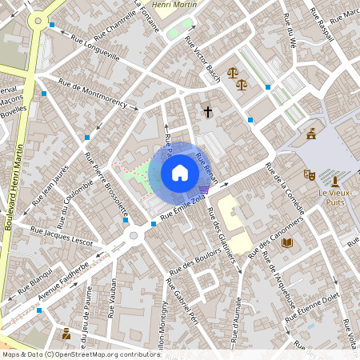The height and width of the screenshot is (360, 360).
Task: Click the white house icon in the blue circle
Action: [180, 173]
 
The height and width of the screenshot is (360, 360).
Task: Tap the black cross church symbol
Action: [208, 112]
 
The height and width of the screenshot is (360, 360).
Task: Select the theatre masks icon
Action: [309, 174]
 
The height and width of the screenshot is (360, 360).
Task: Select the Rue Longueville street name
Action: [95, 51]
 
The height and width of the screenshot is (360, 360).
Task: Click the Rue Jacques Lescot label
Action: [62, 234]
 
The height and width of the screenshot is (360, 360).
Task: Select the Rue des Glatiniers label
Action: [223, 231]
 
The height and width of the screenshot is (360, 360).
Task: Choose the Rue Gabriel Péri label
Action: [181, 306]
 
